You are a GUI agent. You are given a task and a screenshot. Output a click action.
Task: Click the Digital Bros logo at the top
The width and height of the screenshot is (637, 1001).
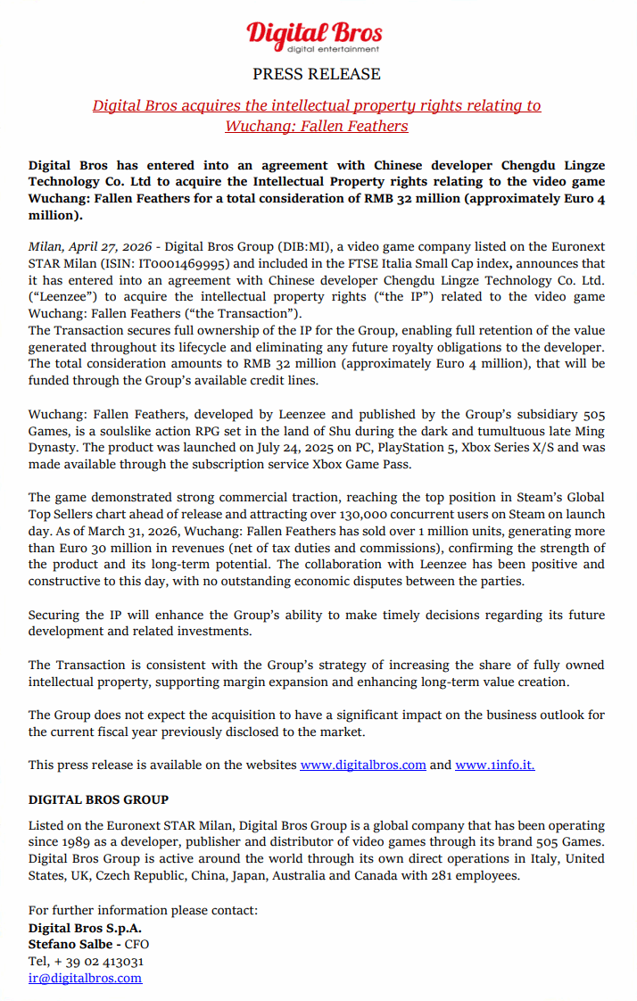(315, 37)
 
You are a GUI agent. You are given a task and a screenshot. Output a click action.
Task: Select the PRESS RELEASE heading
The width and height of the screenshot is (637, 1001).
(317, 74)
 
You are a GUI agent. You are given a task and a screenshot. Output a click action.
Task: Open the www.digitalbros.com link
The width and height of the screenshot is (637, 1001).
(363, 765)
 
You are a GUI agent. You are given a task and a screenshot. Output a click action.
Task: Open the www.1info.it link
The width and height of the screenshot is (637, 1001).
(495, 765)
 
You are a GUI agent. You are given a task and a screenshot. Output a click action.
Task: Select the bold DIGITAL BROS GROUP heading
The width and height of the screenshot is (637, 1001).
(98, 799)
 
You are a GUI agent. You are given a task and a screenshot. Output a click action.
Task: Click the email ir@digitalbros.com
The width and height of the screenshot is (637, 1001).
(85, 978)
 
